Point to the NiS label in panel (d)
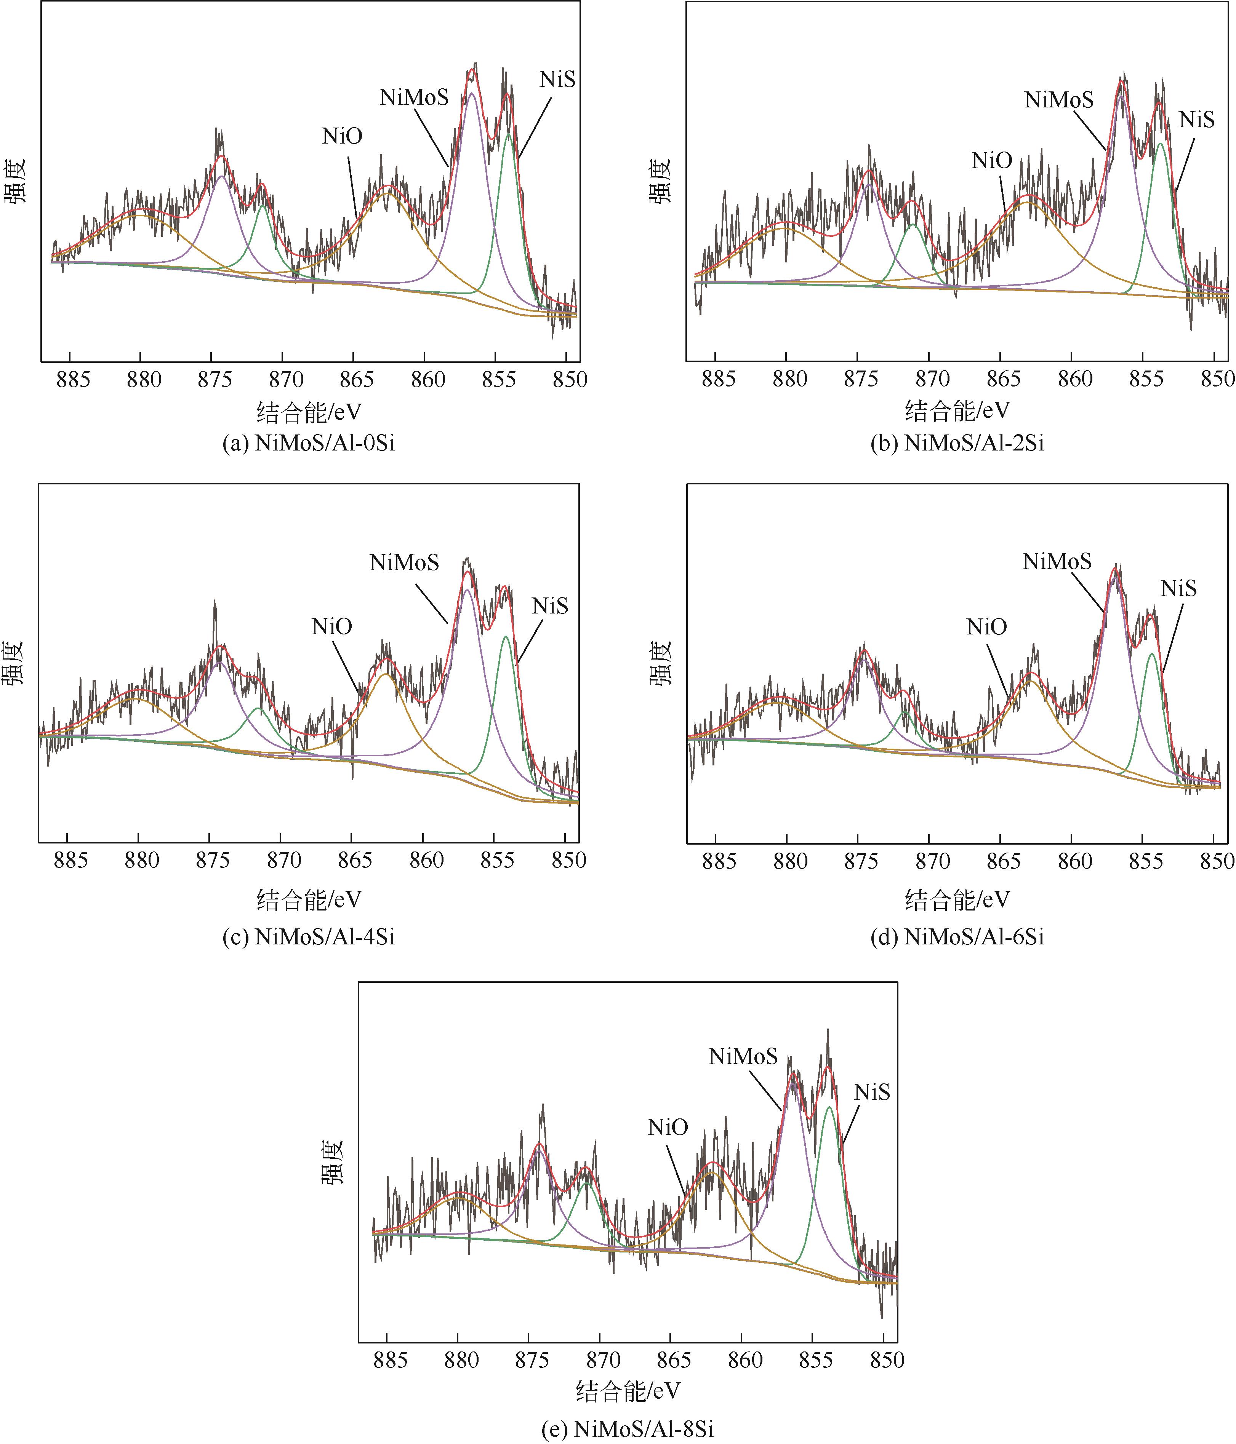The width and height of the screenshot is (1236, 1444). point(1178,588)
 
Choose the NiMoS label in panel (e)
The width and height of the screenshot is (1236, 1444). point(743,1056)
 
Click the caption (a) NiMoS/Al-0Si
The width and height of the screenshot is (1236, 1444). point(308,443)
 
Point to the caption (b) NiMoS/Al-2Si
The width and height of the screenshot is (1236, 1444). point(957,443)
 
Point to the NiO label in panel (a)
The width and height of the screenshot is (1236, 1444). point(342,136)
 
